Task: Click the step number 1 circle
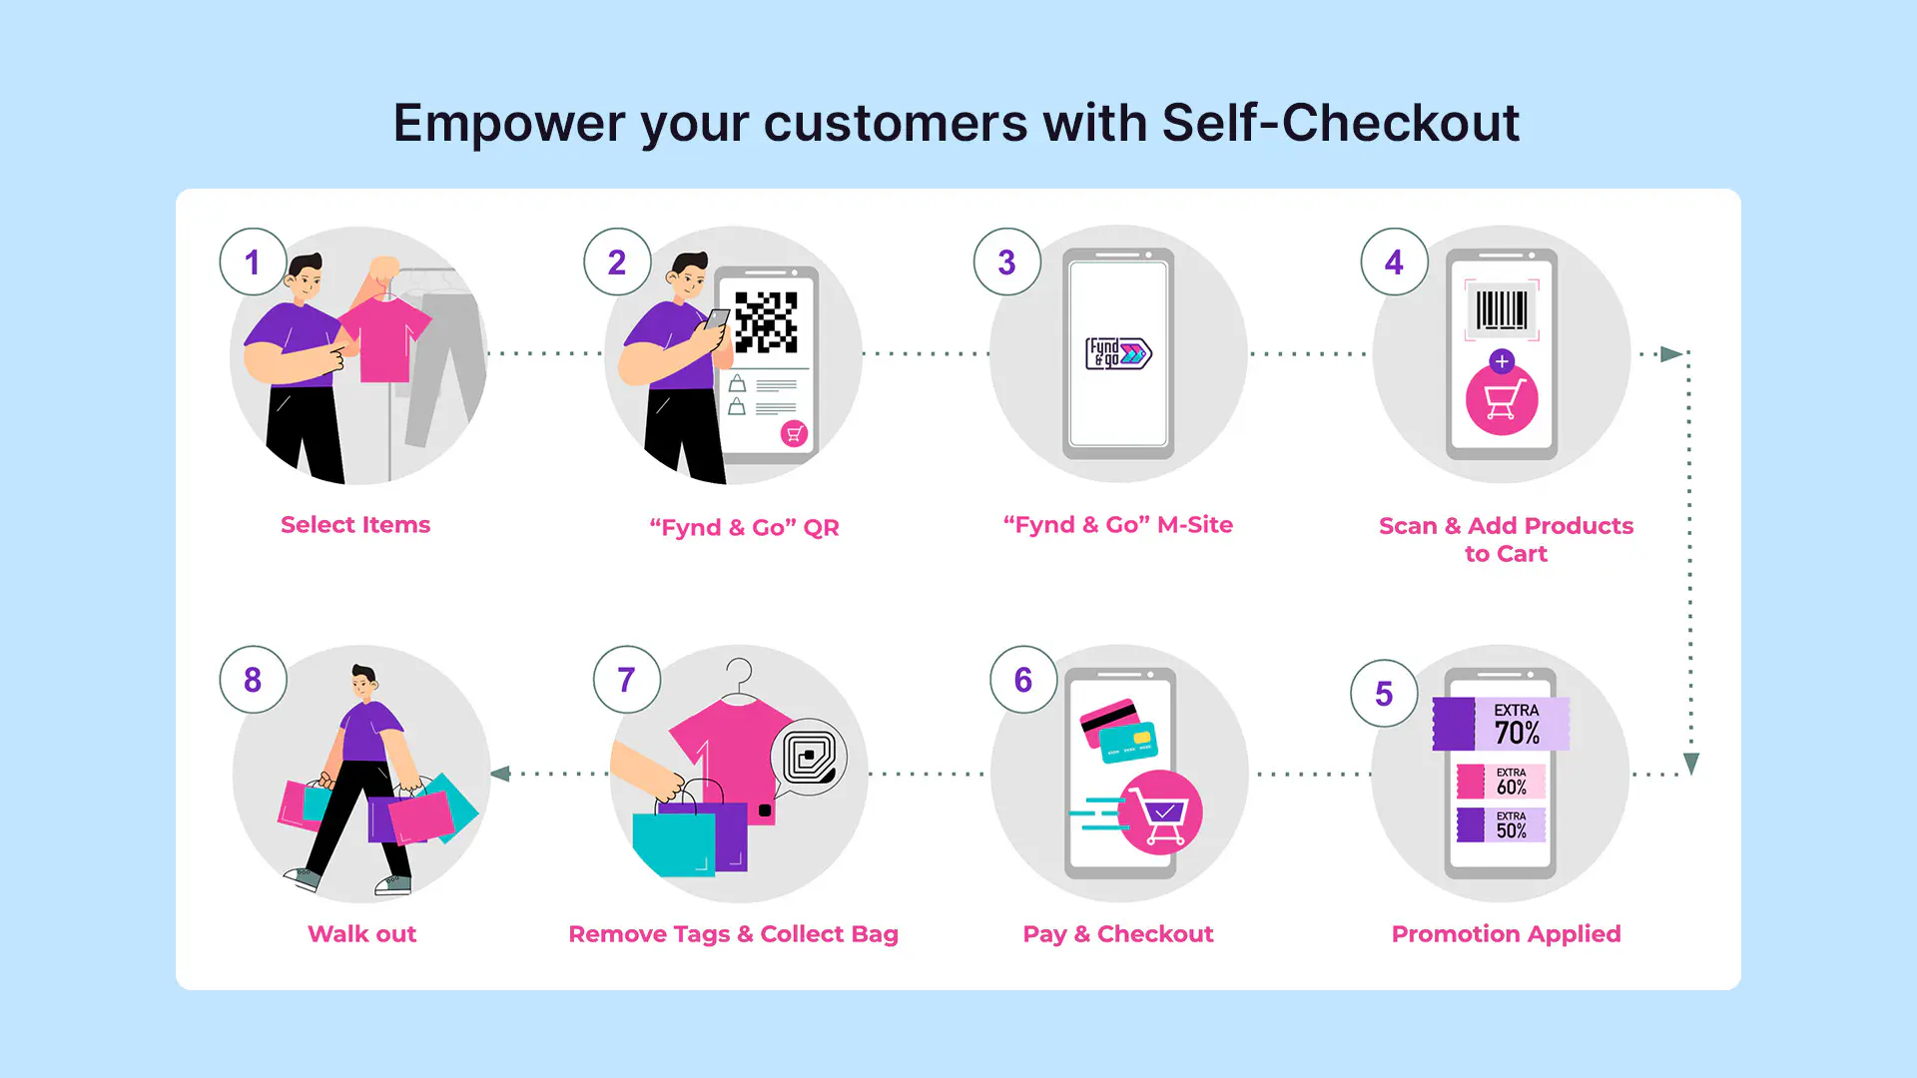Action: (253, 262)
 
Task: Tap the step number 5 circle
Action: (1384, 694)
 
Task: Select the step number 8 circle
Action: (253, 680)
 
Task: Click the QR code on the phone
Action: (766, 321)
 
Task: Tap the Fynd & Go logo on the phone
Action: (1118, 353)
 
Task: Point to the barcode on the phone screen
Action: (1502, 309)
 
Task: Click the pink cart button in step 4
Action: (1502, 400)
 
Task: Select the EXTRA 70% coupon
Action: (1501, 724)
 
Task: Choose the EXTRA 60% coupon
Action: (1501, 782)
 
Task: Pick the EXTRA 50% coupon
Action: (1501, 825)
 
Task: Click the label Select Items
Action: (355, 525)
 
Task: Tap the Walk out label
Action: (361, 934)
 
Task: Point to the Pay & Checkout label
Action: (1117, 934)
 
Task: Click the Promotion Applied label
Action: (1506, 934)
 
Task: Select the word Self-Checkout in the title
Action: (1340, 123)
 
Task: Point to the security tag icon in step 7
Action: (809, 757)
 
